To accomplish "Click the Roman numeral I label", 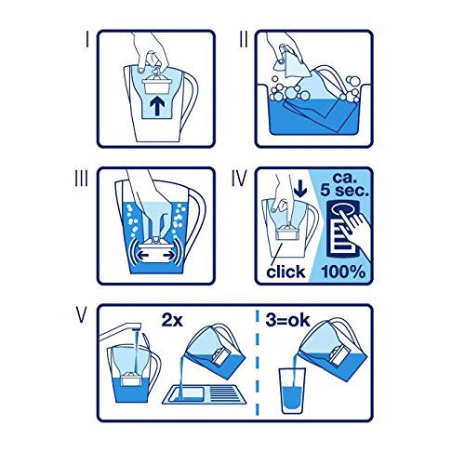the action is click(87, 40).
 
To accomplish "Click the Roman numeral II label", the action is click(244, 40).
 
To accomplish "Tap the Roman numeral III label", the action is click(81, 179).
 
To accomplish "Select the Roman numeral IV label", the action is click(239, 179).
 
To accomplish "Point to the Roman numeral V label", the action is click(81, 315).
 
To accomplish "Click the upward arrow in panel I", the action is click(157, 105).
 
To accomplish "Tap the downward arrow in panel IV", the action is click(300, 188).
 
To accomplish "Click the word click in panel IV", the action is click(286, 272).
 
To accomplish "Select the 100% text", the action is click(343, 272).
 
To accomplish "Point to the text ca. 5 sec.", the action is click(345, 185).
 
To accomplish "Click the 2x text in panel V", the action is click(172, 320).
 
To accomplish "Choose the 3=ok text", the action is click(287, 320).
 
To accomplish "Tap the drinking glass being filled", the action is click(293, 391).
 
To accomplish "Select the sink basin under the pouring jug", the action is click(205, 394).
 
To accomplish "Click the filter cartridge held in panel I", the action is click(157, 82).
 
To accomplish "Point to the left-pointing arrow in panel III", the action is click(143, 256).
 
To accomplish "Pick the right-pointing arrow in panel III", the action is click(168, 256).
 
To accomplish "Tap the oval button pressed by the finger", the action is click(342, 210).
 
